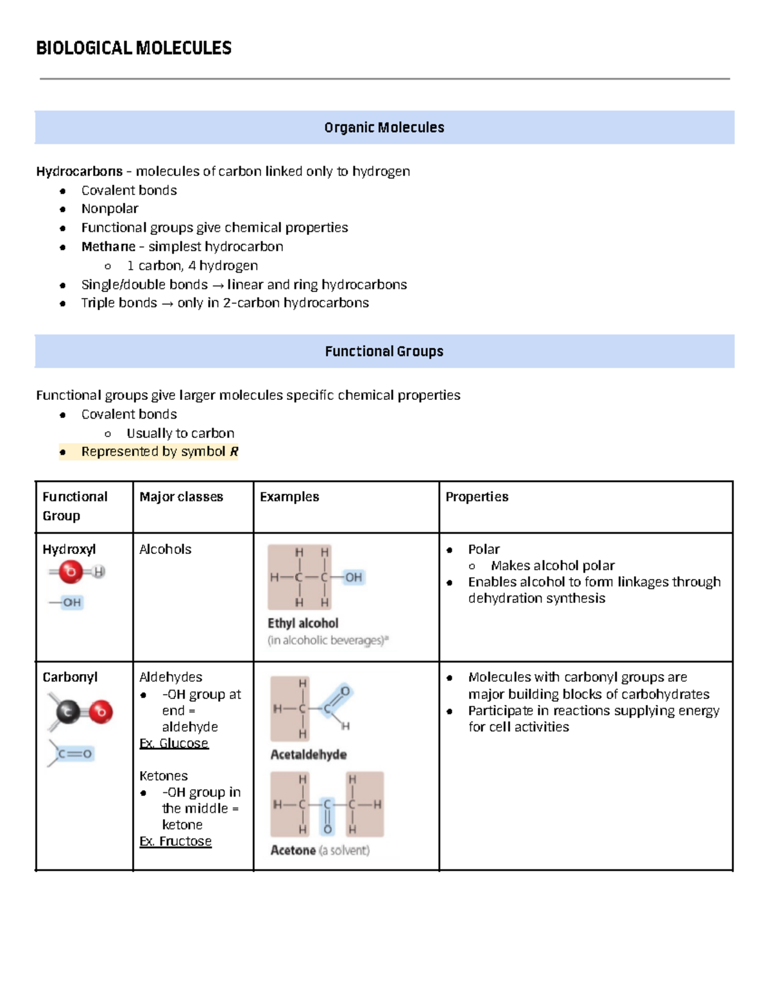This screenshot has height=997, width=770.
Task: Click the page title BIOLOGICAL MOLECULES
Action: (x=133, y=48)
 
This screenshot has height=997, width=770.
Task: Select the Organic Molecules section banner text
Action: (x=384, y=128)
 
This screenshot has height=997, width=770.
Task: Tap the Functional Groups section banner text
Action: (x=384, y=351)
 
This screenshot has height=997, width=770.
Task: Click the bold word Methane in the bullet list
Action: (x=108, y=247)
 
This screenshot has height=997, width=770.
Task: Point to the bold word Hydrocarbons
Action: (x=79, y=171)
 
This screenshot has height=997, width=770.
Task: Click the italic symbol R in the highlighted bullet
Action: (x=234, y=452)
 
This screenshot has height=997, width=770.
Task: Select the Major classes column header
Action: (x=181, y=497)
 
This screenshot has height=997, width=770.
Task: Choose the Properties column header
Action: (x=477, y=497)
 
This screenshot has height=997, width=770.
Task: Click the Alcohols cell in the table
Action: (x=165, y=550)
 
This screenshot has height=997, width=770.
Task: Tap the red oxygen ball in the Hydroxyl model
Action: (x=70, y=571)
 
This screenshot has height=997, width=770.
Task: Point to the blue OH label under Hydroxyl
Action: (x=71, y=602)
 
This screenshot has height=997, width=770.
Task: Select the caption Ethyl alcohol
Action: (x=303, y=623)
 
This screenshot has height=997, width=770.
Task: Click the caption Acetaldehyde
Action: (x=308, y=755)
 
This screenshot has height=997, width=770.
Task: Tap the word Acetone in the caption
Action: (x=293, y=851)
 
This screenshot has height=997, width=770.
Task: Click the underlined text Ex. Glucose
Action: (x=174, y=743)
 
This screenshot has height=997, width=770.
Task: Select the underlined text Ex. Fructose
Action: (x=175, y=842)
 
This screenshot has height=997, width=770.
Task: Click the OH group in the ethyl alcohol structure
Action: (x=354, y=577)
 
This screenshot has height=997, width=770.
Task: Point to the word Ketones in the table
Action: (x=163, y=776)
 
